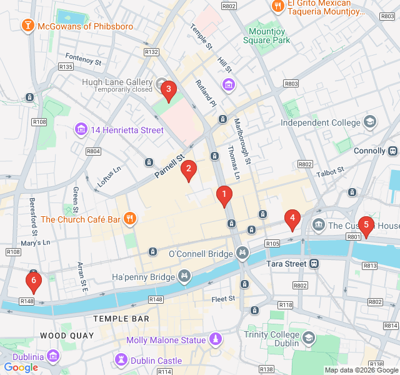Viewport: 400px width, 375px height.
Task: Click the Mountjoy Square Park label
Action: pyautogui.click(x=269, y=36)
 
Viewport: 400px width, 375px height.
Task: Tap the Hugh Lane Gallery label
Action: pyautogui.click(x=117, y=82)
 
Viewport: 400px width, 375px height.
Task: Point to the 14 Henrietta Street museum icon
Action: pyautogui.click(x=81, y=130)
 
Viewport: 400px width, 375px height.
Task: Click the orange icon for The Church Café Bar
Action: pyautogui.click(x=130, y=219)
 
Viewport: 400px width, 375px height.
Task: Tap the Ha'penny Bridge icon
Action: pyautogui.click(x=184, y=276)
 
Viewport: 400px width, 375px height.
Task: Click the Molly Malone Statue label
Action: pyautogui.click(x=166, y=340)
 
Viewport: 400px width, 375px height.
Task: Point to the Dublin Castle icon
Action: pyautogui.click(x=121, y=360)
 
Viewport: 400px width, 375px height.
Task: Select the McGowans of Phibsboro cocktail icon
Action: pyautogui.click(x=28, y=26)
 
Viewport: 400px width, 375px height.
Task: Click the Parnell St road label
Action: pyautogui.click(x=170, y=166)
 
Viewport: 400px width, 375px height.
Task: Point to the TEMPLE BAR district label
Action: pyautogui.click(x=121, y=319)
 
